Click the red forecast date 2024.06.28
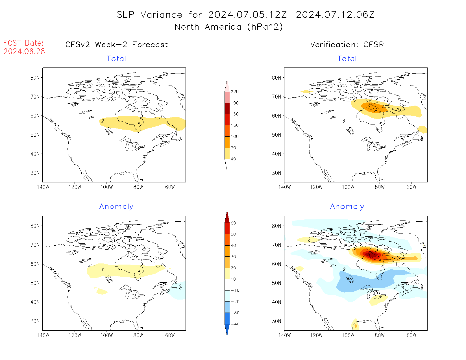[x=24, y=52]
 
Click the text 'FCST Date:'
[x=23, y=43]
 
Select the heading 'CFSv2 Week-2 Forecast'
[x=117, y=45]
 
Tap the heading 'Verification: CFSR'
[x=347, y=45]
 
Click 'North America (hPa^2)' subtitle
[x=228, y=27]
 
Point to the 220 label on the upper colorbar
[x=234, y=92]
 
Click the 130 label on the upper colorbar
[x=234, y=125]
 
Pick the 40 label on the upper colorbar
[x=233, y=159]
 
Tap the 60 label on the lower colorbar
[x=233, y=223]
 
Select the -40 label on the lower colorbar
[x=235, y=324]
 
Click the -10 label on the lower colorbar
[x=235, y=290]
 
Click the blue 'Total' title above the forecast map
[x=116, y=59]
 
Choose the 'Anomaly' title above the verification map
[x=347, y=207]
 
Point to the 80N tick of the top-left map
[x=35, y=78]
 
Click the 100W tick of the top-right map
[x=348, y=187]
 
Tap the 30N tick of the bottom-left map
[x=35, y=321]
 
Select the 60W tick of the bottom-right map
[x=411, y=335]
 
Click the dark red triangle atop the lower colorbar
[x=227, y=217]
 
